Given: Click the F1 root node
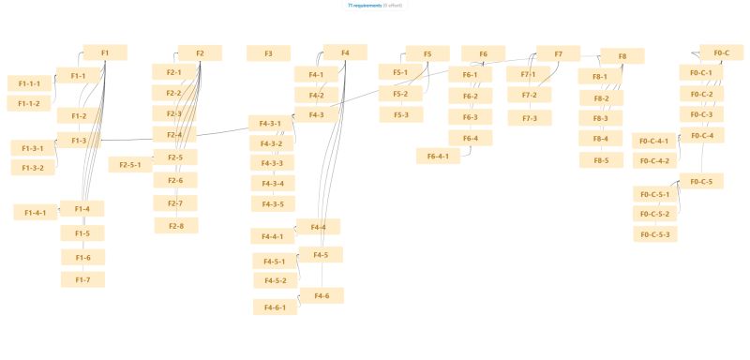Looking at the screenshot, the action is click(105, 52).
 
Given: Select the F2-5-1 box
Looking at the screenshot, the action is click(130, 165).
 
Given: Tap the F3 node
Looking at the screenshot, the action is click(269, 53).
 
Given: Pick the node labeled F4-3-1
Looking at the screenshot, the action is click(271, 124).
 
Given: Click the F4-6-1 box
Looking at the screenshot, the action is click(275, 307).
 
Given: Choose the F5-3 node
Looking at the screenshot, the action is click(401, 114).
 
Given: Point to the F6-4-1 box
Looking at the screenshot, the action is click(438, 157).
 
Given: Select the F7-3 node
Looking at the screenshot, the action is click(530, 118).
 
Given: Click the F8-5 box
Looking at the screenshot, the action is click(601, 160).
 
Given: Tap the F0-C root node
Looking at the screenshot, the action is click(721, 52).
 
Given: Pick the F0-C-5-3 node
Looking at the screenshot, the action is click(654, 234).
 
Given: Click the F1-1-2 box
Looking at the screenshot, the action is click(29, 103).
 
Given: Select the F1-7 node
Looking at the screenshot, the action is click(82, 279).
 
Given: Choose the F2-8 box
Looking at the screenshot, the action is click(176, 225).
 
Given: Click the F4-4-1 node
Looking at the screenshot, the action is click(273, 236).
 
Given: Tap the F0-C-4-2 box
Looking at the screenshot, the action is click(653, 160).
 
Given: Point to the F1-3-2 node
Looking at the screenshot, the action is click(33, 168).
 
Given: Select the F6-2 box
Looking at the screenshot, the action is click(471, 96).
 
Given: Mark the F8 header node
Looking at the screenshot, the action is click(622, 56).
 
